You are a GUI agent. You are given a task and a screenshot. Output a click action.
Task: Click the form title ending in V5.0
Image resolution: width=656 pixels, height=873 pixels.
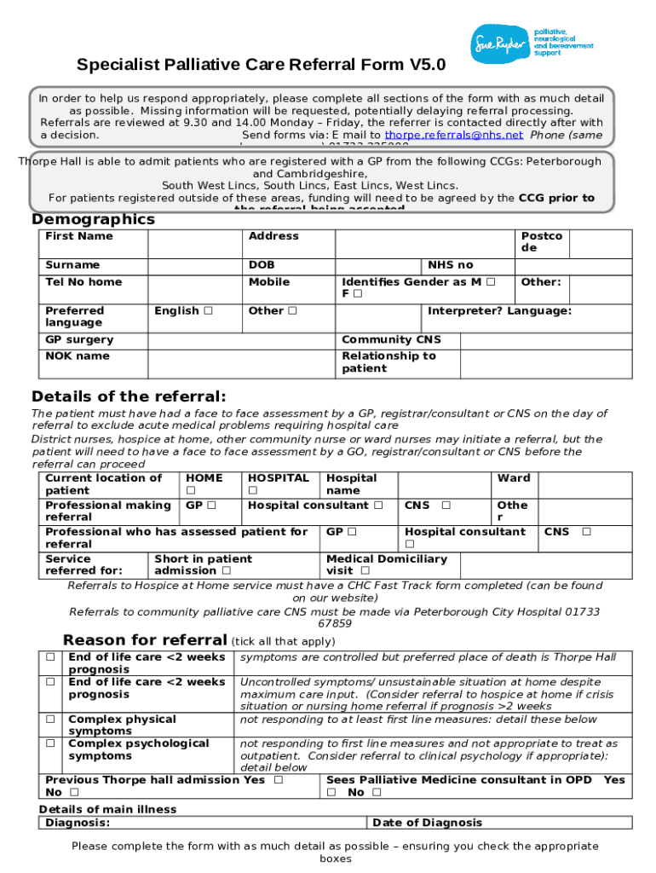tap(261, 65)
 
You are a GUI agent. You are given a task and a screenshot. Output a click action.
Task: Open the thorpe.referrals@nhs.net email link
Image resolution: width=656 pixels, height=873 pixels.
tap(453, 135)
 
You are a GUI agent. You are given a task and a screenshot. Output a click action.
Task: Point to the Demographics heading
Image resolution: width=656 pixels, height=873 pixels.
tap(94, 219)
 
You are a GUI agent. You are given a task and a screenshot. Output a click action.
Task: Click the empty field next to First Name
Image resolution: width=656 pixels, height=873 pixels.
tap(194, 242)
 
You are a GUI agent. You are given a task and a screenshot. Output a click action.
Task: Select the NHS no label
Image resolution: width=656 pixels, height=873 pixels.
tap(451, 265)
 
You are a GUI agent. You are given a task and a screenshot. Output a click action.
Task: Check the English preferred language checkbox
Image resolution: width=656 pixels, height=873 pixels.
tap(208, 311)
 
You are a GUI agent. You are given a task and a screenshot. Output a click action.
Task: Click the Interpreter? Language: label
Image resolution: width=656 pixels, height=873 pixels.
tap(499, 311)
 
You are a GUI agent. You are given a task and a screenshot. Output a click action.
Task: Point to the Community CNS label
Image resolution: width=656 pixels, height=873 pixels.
tap(391, 340)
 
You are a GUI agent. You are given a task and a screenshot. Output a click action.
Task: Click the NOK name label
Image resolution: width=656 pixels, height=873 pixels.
tap(78, 356)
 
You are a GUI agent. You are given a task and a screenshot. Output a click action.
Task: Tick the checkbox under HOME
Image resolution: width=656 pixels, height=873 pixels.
tap(191, 491)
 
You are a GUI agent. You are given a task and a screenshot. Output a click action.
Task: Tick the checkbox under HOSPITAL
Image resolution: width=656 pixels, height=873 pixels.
tap(252, 491)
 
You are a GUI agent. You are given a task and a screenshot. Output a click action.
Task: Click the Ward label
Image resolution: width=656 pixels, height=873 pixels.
tap(514, 478)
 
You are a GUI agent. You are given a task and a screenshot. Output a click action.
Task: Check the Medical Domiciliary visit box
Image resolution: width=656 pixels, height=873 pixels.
tap(365, 571)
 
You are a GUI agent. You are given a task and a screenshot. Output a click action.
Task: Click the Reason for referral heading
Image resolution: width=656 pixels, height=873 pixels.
tap(145, 640)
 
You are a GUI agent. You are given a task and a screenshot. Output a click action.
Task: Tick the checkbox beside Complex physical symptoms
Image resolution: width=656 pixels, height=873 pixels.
tap(51, 720)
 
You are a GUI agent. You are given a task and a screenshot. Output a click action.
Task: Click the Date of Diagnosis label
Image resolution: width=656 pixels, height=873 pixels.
tap(427, 823)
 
